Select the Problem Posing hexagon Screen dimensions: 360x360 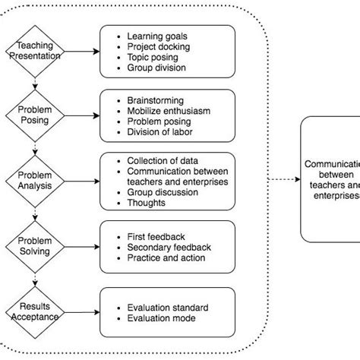click(x=35, y=115)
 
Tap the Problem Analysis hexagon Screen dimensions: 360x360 click(x=35, y=180)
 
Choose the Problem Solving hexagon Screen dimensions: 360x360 click(x=35, y=245)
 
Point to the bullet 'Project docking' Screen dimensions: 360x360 click(x=158, y=46)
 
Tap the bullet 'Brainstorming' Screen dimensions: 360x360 click(x=154, y=100)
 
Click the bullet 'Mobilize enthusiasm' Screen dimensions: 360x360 click(x=169, y=111)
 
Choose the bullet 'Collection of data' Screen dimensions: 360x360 click(x=163, y=160)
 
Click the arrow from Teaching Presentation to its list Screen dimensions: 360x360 click(x=81, y=51)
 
